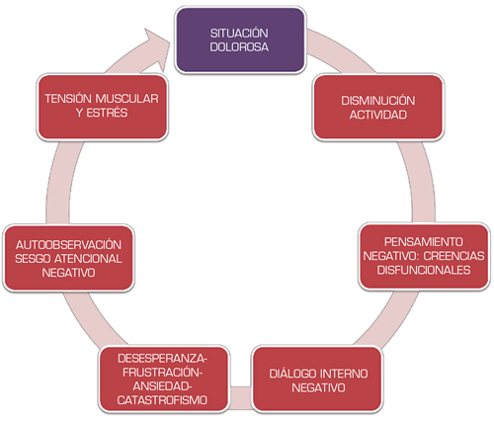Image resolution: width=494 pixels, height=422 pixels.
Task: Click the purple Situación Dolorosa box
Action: [x=240, y=40]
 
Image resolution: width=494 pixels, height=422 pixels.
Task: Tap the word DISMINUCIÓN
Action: [x=377, y=101]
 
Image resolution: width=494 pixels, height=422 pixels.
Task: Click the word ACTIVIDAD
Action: [x=377, y=115]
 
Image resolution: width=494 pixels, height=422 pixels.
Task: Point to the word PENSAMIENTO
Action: [x=424, y=242]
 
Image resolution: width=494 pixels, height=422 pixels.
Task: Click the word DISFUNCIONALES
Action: [x=424, y=270]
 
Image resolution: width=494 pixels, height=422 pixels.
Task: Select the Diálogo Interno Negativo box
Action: [x=317, y=380]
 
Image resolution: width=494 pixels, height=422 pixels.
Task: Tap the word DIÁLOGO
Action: [x=292, y=374]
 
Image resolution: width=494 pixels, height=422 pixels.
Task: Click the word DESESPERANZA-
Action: [x=163, y=359]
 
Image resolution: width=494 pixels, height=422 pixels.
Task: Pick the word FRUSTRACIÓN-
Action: [x=163, y=373]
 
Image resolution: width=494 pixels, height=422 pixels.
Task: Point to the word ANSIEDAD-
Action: [x=163, y=386]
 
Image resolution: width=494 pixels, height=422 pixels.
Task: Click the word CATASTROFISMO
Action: [x=162, y=400]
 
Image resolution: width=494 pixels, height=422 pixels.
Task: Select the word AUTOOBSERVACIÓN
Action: [x=68, y=245]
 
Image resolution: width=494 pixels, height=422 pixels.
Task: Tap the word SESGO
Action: [x=33, y=259]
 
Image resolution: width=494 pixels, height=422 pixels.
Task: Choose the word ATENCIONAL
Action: [x=88, y=259]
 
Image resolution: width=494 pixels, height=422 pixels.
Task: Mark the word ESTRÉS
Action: [x=107, y=113]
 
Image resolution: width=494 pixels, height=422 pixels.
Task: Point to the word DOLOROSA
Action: [x=239, y=47]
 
